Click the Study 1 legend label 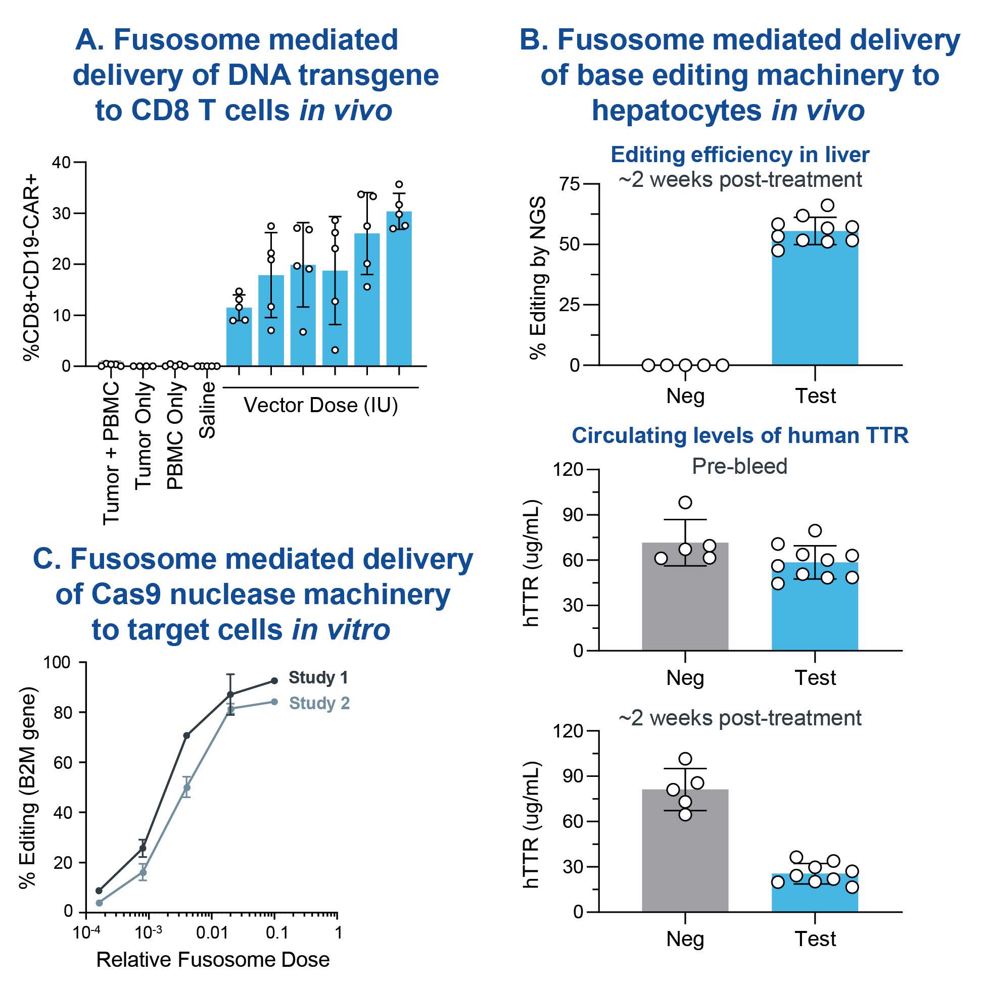(318, 678)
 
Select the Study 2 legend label (319, 704)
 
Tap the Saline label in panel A (208, 410)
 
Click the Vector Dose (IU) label (320, 406)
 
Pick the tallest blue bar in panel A (399, 288)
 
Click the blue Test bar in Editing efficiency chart (815, 299)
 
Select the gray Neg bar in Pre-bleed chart (685, 597)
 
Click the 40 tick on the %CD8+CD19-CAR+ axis (61, 163)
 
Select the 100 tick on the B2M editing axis (57, 663)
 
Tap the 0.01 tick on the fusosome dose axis (212, 933)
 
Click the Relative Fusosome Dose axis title (213, 960)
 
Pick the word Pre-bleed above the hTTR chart (739, 466)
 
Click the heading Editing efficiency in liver (740, 155)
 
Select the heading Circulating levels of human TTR (740, 435)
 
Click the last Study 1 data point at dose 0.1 (274, 681)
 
